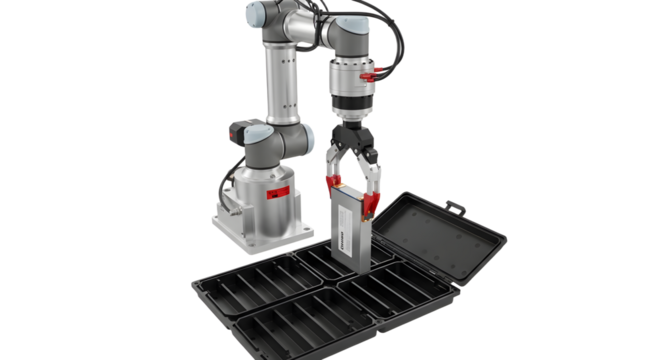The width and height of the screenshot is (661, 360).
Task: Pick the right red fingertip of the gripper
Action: pos(372,204)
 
